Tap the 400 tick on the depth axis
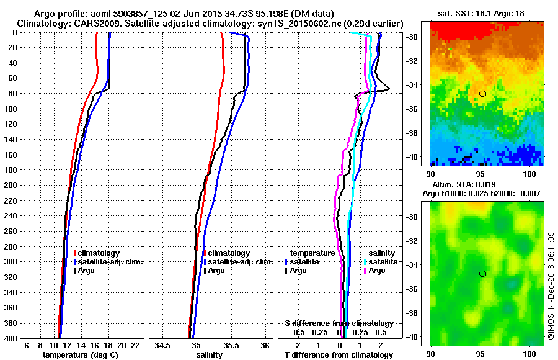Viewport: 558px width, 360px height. point(12,338)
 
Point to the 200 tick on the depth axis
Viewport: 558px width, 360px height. point(12,185)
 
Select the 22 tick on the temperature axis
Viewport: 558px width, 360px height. point(135,345)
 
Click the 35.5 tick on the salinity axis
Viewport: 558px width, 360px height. point(231,345)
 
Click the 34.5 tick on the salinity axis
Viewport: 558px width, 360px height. point(162,345)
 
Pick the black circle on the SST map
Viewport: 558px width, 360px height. point(482,94)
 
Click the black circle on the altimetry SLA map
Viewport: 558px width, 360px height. point(482,274)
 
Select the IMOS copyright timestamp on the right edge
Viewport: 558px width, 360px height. point(551,287)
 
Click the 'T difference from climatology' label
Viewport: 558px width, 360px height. point(339,355)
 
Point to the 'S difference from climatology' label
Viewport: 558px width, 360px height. point(339,323)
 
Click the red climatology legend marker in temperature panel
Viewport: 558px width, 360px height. point(74,253)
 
